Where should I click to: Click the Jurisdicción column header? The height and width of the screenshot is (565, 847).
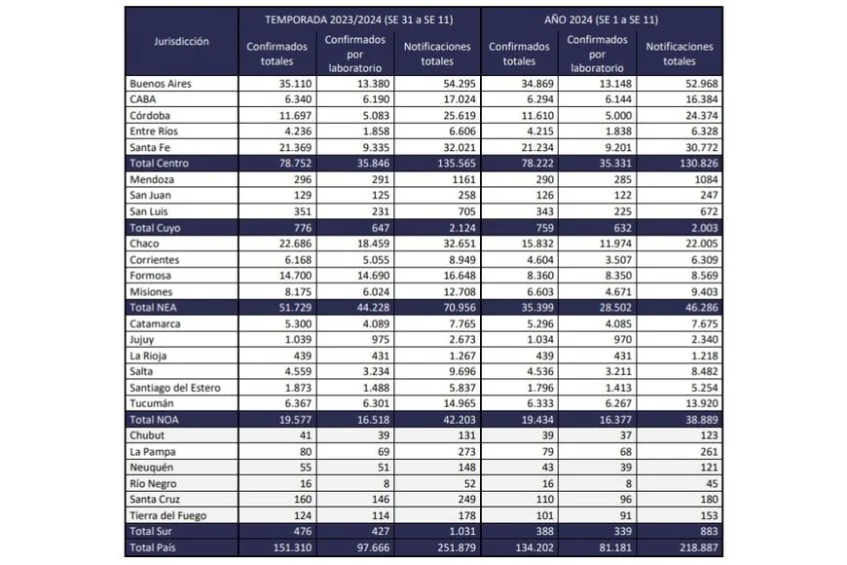pos(182,41)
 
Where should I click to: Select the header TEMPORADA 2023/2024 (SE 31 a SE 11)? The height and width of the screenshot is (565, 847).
pos(359,18)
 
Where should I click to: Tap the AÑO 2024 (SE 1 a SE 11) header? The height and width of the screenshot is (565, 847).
pos(602,18)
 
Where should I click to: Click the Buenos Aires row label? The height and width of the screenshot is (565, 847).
pos(161,84)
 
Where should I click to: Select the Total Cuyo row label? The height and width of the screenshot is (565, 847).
pos(155,226)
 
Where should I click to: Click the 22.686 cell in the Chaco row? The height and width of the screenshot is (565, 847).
pos(287,243)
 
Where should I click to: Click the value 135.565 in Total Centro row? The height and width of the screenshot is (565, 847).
pos(445,164)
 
